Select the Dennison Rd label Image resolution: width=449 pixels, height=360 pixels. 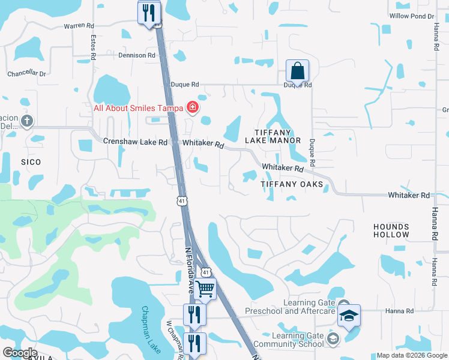(137, 55)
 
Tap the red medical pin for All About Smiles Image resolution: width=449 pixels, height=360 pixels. (193, 108)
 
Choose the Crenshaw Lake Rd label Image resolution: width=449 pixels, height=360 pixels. (135, 142)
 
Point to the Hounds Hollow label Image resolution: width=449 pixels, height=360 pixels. (391, 230)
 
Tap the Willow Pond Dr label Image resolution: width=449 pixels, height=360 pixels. (411, 16)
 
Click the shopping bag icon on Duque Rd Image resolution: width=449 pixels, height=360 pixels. (297, 71)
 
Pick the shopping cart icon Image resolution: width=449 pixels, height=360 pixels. (205, 289)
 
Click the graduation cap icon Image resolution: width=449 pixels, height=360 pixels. (348, 316)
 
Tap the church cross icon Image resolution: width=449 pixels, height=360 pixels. (26, 121)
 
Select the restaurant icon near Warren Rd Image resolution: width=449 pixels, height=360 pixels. (148, 13)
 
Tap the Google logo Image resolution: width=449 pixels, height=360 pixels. (20, 352)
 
